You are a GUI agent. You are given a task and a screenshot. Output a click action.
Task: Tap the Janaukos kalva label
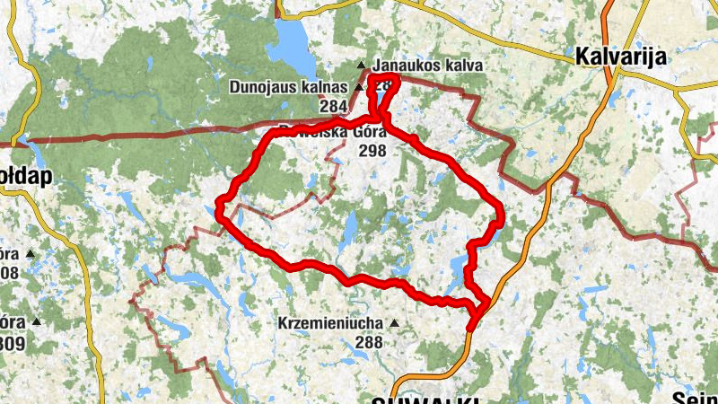coord(428,66)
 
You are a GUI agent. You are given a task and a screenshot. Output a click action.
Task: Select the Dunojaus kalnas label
coord(288,87)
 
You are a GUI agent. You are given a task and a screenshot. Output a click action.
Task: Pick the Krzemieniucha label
coord(331,323)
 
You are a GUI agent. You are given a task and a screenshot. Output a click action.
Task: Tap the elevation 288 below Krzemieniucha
coord(369,341)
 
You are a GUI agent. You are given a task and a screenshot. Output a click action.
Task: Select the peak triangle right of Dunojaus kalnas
coord(358,88)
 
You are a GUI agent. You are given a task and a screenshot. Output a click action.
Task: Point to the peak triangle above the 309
coord(36,321)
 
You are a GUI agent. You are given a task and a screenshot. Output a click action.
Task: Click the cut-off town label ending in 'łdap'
coord(27,176)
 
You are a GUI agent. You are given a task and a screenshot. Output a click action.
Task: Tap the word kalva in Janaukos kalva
coord(464,66)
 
